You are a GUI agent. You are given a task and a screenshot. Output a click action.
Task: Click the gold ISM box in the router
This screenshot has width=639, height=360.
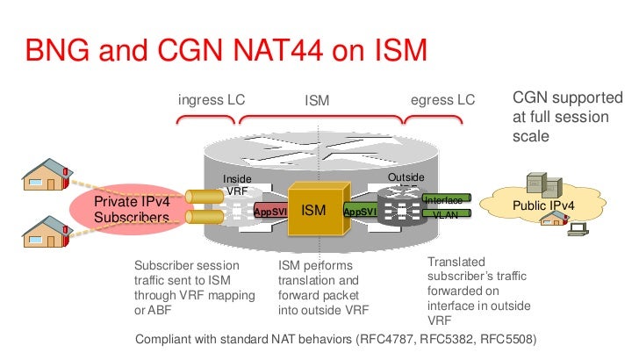pyautogui.click(x=314, y=210)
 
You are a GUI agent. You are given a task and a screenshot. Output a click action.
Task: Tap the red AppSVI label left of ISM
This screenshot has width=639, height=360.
pyautogui.click(x=269, y=212)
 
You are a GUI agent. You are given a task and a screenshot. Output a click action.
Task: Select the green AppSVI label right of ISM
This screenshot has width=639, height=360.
pyautogui.click(x=360, y=212)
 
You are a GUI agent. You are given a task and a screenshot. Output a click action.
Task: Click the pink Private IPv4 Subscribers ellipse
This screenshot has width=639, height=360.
pyautogui.click(x=131, y=209)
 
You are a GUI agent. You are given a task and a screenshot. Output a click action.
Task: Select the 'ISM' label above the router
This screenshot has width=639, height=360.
pyautogui.click(x=317, y=102)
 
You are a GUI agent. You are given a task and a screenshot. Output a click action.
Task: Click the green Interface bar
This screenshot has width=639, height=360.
pyautogui.click(x=443, y=200)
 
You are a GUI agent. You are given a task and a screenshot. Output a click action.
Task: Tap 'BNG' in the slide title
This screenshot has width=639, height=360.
pyautogui.click(x=60, y=52)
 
